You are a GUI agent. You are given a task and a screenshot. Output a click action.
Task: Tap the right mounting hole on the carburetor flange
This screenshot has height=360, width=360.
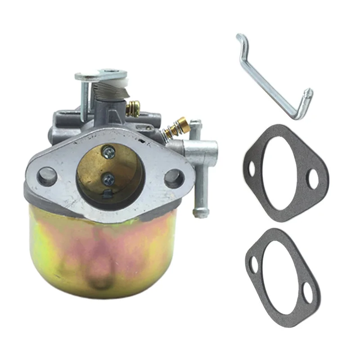(173, 179)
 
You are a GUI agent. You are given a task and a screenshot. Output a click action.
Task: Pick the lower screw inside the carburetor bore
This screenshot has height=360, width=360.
(109, 179)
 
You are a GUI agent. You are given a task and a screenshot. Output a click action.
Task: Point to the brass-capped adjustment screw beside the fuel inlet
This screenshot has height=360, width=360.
(173, 129)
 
